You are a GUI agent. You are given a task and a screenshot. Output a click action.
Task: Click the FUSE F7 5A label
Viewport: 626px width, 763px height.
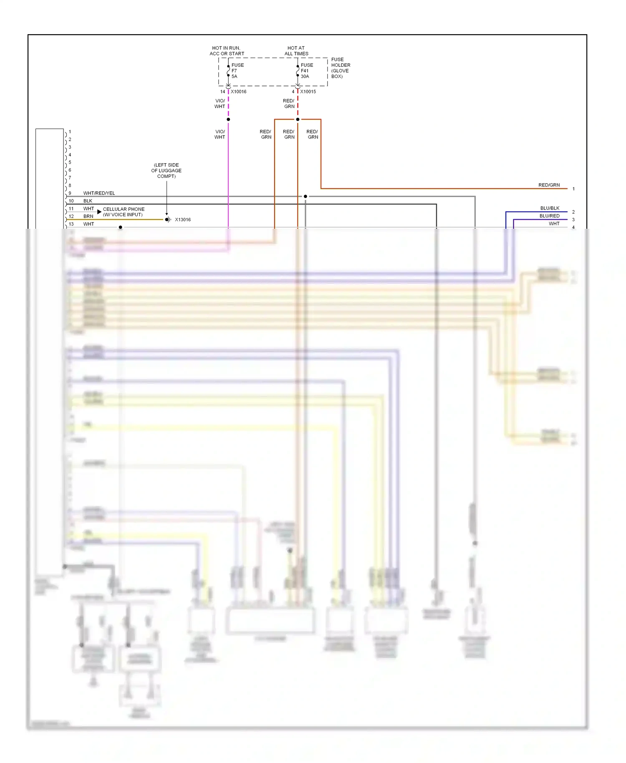click(237, 71)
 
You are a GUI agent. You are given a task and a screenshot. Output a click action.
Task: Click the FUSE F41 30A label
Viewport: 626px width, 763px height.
click(306, 71)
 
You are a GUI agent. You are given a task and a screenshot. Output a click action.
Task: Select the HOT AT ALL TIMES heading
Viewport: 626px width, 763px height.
click(296, 51)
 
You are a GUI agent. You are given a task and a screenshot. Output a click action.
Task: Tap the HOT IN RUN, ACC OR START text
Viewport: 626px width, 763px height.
click(227, 51)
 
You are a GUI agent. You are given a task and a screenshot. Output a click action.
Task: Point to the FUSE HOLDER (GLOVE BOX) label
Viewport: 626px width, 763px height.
click(341, 68)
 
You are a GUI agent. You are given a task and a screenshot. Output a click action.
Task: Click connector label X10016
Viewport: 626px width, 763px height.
click(238, 92)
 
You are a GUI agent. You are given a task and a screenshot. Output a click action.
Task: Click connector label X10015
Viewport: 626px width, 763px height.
click(308, 92)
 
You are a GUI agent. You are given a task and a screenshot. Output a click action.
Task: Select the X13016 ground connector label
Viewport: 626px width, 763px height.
click(182, 220)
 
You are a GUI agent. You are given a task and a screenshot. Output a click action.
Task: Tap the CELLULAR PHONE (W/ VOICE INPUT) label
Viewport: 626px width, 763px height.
click(124, 212)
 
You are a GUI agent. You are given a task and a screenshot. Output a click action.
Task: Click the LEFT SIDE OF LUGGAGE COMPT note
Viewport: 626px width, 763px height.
click(166, 171)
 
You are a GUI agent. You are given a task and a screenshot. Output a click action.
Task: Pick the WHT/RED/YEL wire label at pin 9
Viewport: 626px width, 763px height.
click(99, 193)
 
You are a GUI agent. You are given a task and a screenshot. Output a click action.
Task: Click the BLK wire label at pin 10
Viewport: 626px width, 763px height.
click(88, 201)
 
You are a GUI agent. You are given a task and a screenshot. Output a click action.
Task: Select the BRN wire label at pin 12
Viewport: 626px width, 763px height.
click(88, 216)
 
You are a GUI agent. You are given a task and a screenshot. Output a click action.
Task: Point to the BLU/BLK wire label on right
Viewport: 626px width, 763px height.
click(549, 208)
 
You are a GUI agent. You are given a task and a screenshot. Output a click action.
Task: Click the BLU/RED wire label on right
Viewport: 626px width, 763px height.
click(549, 216)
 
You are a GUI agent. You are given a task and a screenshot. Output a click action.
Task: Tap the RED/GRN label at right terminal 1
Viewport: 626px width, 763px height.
click(549, 185)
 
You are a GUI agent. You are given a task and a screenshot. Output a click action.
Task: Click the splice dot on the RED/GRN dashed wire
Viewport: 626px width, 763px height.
click(298, 119)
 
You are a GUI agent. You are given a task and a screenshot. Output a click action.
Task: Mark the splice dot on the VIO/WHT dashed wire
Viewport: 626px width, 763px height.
click(228, 119)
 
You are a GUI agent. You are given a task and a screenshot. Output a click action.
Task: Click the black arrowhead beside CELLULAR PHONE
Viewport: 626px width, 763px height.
click(99, 212)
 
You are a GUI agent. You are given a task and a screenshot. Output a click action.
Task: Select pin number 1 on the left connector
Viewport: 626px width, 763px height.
click(70, 132)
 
